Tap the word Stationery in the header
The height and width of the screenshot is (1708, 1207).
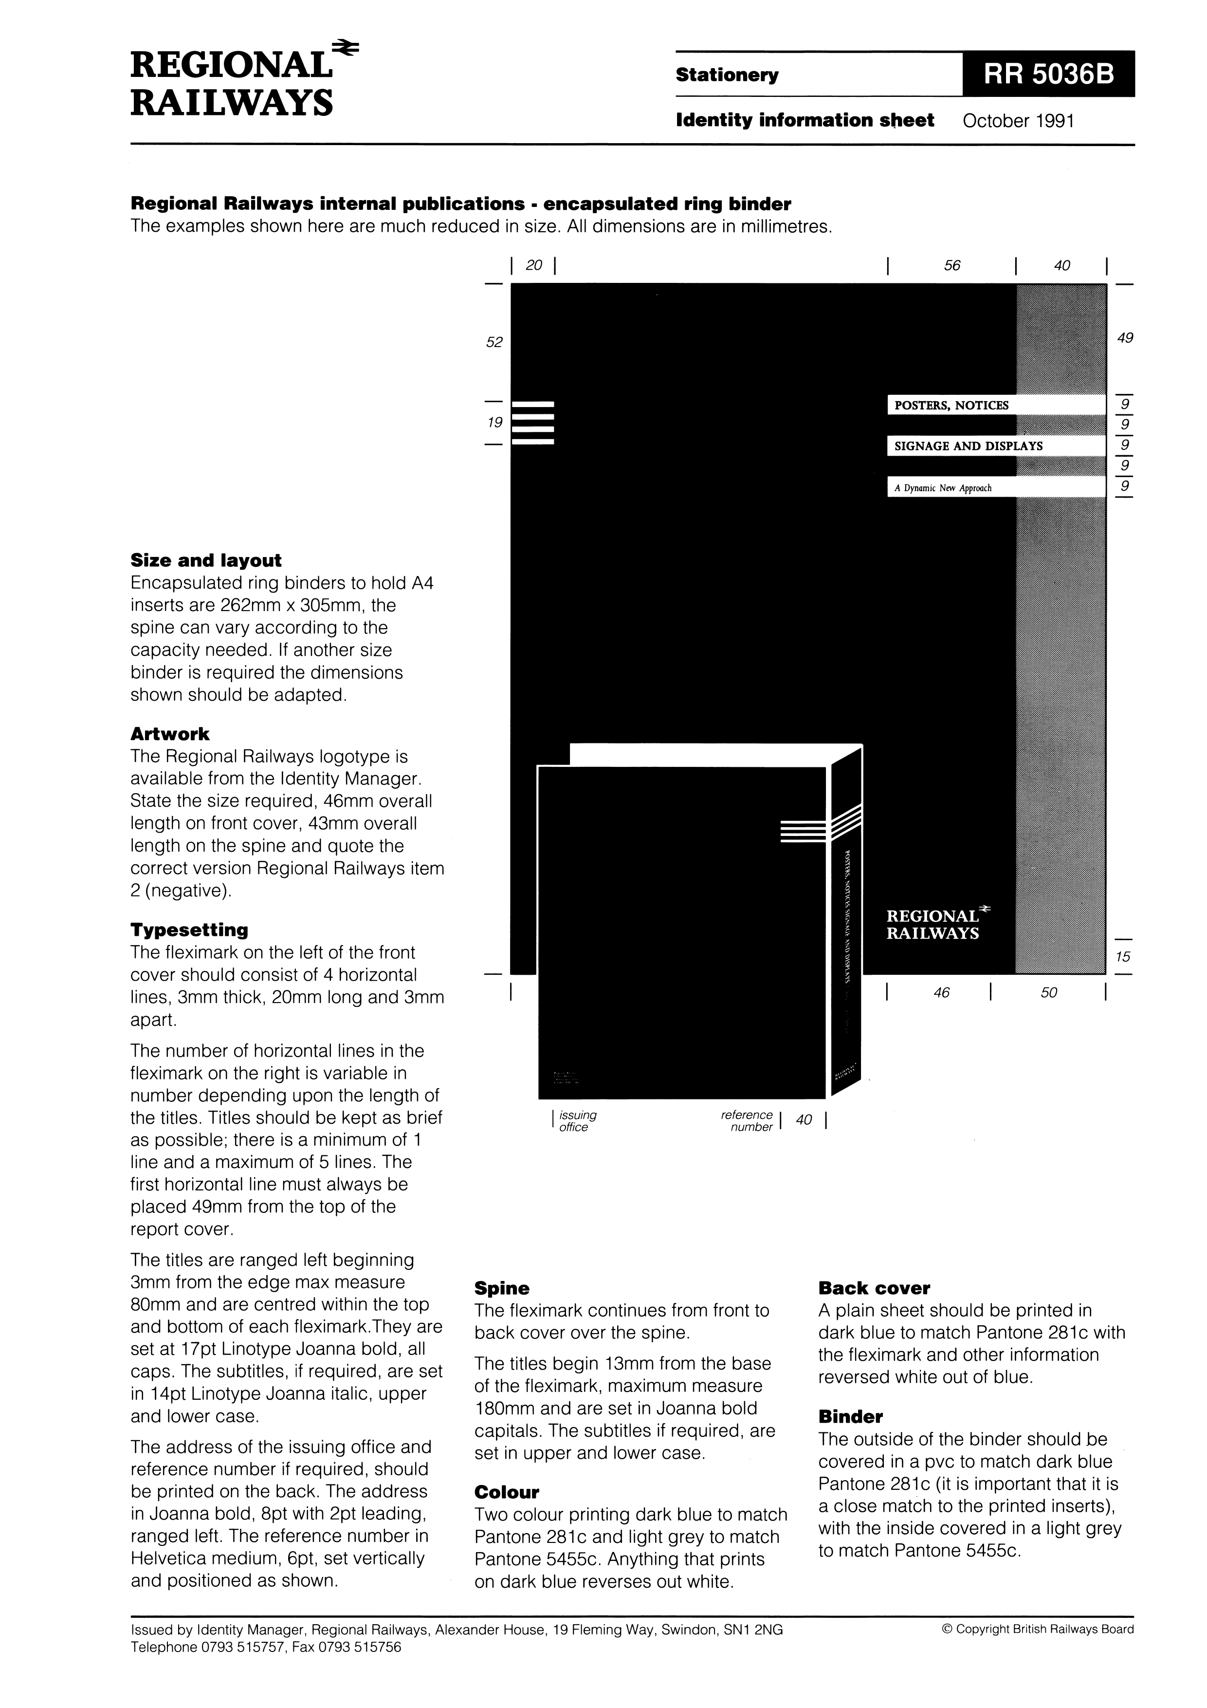pyautogui.click(x=727, y=75)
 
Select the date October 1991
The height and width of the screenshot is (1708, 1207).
pyautogui.click(x=1018, y=121)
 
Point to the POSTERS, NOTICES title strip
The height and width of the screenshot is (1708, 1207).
pyautogui.click(x=995, y=406)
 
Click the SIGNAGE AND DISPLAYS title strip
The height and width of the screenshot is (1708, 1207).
pyautogui.click(x=995, y=446)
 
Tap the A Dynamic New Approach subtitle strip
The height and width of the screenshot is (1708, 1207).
pyautogui.click(x=995, y=488)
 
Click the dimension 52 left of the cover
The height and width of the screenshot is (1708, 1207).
pyautogui.click(x=494, y=342)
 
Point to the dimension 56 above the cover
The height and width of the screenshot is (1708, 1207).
pyautogui.click(x=952, y=265)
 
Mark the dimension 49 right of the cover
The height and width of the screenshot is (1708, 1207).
pyautogui.click(x=1125, y=338)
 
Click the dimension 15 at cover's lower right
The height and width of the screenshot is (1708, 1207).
pyautogui.click(x=1123, y=957)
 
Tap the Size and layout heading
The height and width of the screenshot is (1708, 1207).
pyautogui.click(x=206, y=560)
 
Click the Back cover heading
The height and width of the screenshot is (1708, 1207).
pyautogui.click(x=874, y=1288)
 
